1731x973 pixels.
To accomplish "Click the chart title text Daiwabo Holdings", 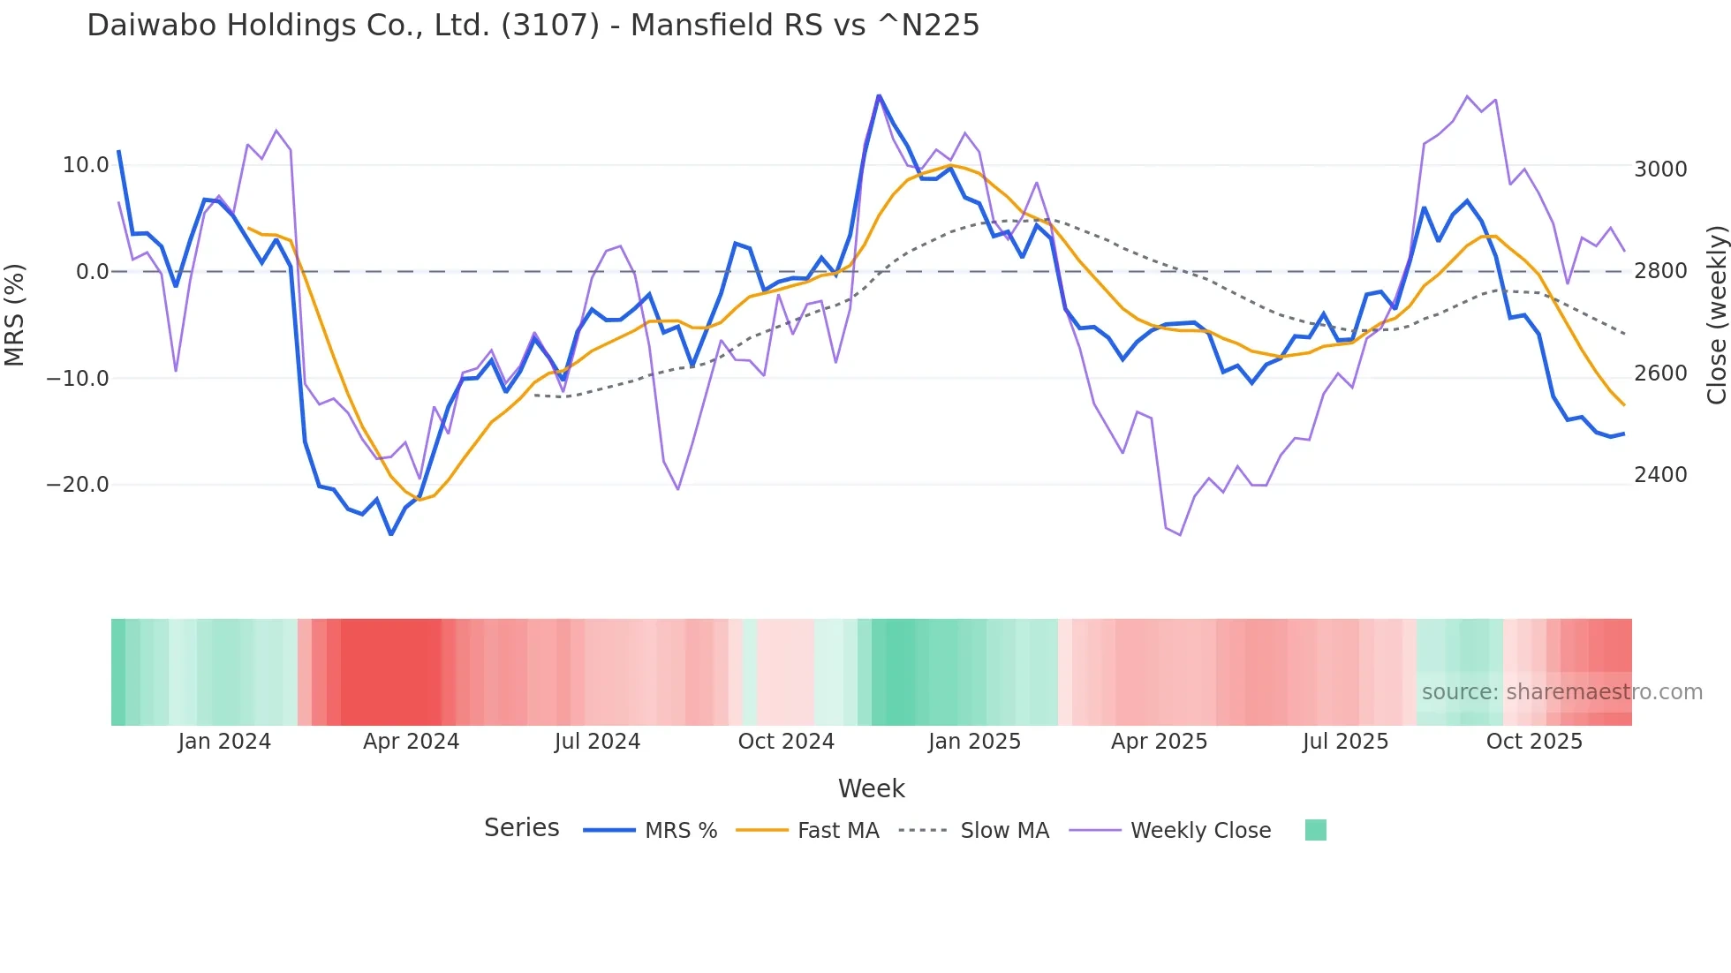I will point(533,26).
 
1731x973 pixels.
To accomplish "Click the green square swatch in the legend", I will point(1315,830).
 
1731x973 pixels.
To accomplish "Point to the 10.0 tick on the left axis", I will point(86,165).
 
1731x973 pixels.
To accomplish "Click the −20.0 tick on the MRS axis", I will point(78,485).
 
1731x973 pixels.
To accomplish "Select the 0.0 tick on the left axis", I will point(92,272).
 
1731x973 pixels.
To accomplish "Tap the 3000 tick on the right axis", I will point(1660,170).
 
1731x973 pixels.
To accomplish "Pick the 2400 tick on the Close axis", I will point(1660,475).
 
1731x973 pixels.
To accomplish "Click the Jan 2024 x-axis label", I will point(224,742).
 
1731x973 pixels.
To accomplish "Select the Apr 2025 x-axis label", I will point(1159,742).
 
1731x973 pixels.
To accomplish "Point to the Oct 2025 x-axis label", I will point(1534,742).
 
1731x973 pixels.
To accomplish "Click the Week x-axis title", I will point(871,788).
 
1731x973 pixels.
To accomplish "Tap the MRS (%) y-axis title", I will point(15,315).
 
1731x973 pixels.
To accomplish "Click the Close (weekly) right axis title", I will point(1716,315).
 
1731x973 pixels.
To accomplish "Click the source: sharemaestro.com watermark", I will point(1561,692).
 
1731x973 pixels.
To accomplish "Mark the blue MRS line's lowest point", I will point(391,534).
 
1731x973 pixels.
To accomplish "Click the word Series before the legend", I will point(521,828).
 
